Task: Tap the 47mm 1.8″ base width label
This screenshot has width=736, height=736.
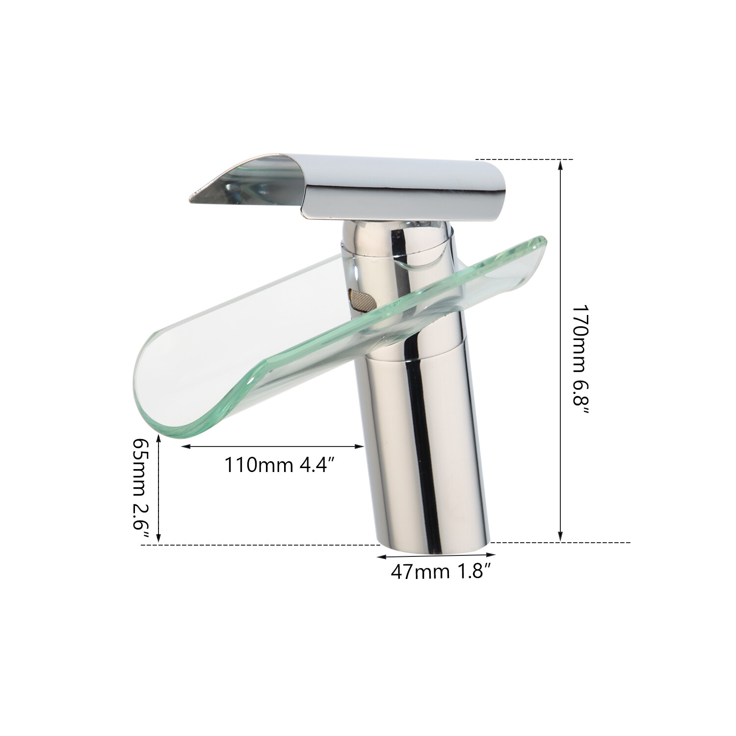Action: [x=441, y=572]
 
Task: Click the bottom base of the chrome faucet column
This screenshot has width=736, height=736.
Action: [x=434, y=547]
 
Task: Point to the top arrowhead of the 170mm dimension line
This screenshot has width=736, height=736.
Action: [x=561, y=163]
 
